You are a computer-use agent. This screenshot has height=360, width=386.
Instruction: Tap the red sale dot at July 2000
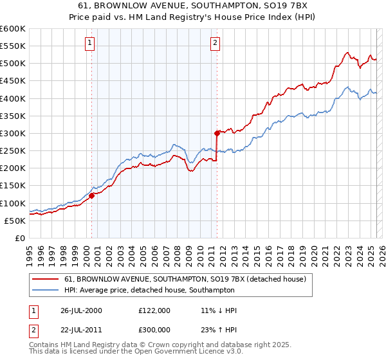coord(92,195)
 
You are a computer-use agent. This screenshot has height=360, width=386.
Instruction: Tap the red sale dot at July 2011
coord(217,133)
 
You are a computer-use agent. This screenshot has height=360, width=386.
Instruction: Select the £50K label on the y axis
coord(15,221)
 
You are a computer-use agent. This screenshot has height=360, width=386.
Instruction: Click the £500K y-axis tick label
coord(12,64)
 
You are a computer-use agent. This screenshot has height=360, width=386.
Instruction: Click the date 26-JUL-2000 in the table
coord(80,310)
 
